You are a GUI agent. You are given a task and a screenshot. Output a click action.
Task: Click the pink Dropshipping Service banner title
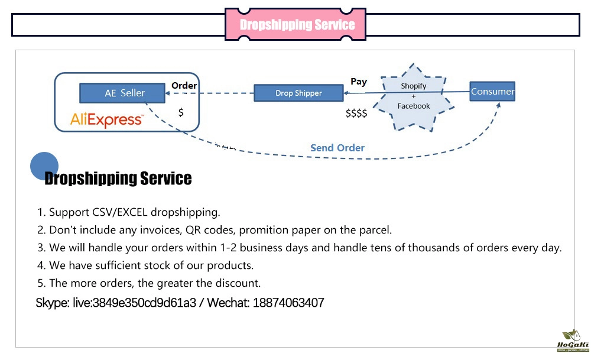297,25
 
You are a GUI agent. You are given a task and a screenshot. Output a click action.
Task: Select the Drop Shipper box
298,93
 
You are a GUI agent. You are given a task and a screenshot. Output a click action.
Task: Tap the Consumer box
492,92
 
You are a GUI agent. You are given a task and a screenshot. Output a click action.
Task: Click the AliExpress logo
106,120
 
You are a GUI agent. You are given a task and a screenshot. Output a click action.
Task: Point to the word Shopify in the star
413,86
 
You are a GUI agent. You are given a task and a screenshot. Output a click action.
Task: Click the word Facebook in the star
414,106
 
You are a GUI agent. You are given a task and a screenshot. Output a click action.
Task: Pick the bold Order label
184,86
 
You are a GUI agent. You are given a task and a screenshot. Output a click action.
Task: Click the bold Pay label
359,82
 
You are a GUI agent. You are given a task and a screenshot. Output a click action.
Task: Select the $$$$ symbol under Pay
356,113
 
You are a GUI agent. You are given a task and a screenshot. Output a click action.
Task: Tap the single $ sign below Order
181,112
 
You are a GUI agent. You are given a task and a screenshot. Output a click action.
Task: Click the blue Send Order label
337,148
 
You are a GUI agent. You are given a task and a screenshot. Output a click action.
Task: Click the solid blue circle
44,166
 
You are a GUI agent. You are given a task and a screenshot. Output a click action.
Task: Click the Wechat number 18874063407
288,303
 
